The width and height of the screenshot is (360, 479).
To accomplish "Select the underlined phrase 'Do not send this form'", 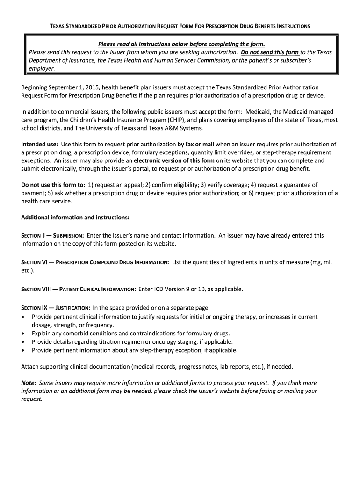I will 270,52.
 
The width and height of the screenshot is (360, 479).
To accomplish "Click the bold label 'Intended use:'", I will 40,145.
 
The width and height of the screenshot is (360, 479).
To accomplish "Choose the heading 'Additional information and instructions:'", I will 75,218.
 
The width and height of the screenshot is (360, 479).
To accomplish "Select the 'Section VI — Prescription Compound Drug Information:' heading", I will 95,263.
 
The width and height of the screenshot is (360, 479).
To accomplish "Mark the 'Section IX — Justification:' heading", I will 56,308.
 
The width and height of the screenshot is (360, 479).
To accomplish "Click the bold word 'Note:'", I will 29,383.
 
